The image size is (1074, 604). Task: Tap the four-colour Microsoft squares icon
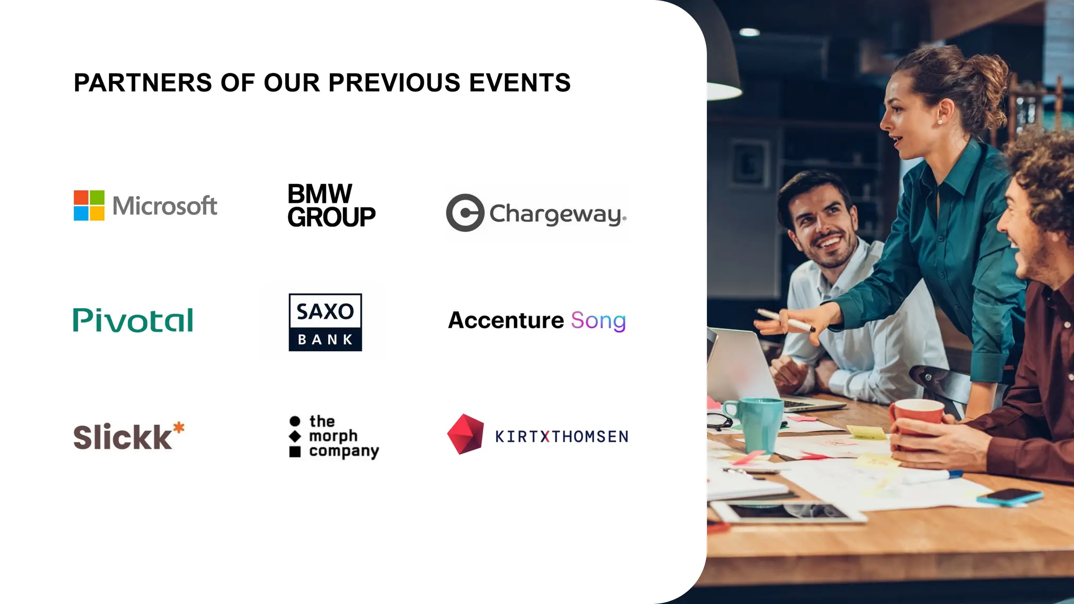(89, 206)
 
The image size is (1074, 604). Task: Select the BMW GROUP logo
(331, 206)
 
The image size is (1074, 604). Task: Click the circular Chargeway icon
(465, 213)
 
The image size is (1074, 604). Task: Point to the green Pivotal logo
(133, 320)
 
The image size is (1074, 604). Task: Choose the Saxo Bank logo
(325, 322)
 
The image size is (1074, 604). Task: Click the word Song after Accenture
(598, 320)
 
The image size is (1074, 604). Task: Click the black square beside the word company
(295, 451)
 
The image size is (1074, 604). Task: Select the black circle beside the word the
(295, 421)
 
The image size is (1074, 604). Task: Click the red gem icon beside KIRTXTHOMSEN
(465, 434)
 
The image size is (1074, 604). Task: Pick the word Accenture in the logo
(506, 320)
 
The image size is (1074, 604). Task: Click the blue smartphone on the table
(1009, 497)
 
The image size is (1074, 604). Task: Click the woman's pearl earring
(940, 122)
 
